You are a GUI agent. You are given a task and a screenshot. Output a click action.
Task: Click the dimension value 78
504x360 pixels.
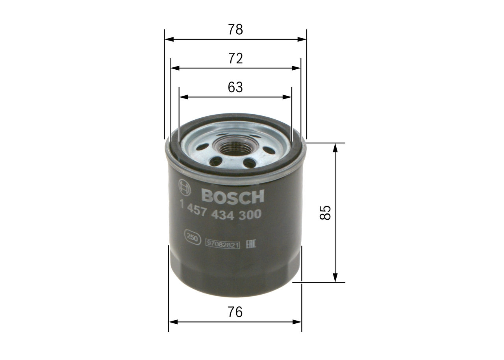[x=235, y=30]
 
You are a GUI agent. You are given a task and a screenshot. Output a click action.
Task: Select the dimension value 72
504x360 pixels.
[x=235, y=59]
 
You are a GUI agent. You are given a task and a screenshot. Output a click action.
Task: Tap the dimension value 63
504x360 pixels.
[x=235, y=87]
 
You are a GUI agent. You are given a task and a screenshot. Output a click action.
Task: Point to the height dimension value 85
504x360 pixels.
[x=325, y=213]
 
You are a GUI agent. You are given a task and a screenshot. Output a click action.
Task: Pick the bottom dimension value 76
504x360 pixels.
[x=235, y=312]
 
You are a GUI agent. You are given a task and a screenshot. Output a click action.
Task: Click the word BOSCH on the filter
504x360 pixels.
[x=232, y=197]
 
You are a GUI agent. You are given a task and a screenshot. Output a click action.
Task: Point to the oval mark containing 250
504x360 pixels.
[x=191, y=238]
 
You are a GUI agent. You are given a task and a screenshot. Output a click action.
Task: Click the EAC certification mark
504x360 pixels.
[x=251, y=244]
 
